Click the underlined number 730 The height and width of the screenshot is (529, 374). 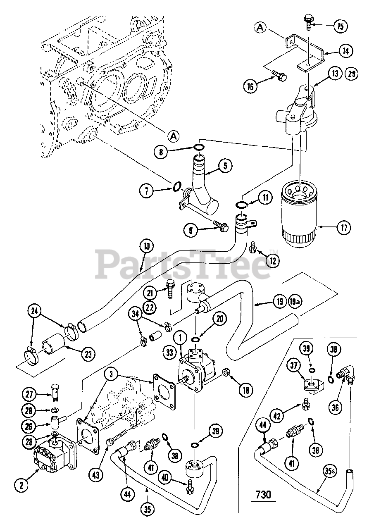(x=263, y=494)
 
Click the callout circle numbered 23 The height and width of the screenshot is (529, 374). (x=88, y=354)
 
